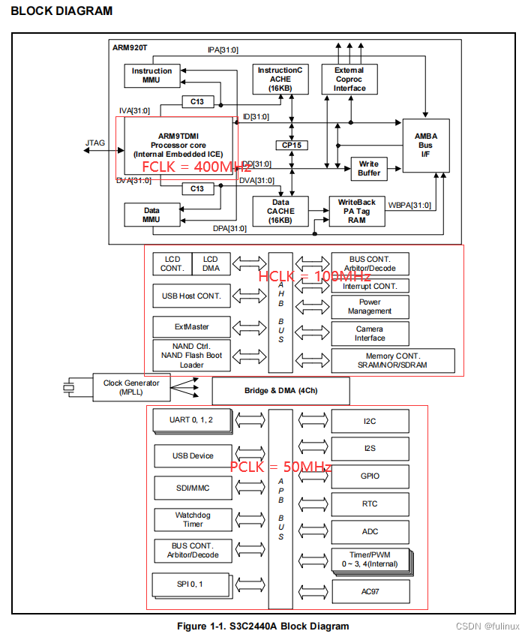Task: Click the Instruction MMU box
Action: coord(152,76)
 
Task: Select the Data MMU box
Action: coord(152,215)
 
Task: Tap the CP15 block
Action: coord(290,145)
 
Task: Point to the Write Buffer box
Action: coord(369,169)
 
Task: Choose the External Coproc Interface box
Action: coord(349,79)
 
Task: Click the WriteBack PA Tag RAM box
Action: coord(356,211)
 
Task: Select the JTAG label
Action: coord(95,142)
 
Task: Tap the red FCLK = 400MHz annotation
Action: coord(197,167)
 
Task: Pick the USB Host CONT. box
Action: coord(192,296)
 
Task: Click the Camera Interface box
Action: coord(370,333)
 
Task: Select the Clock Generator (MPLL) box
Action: coord(131,387)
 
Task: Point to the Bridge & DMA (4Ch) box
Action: coord(281,391)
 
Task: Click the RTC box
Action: coord(370,504)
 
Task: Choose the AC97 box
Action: coord(370,591)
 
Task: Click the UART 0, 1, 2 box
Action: coord(192,420)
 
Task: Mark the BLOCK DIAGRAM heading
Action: coord(62,11)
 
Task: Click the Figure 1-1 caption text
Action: coord(262,626)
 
